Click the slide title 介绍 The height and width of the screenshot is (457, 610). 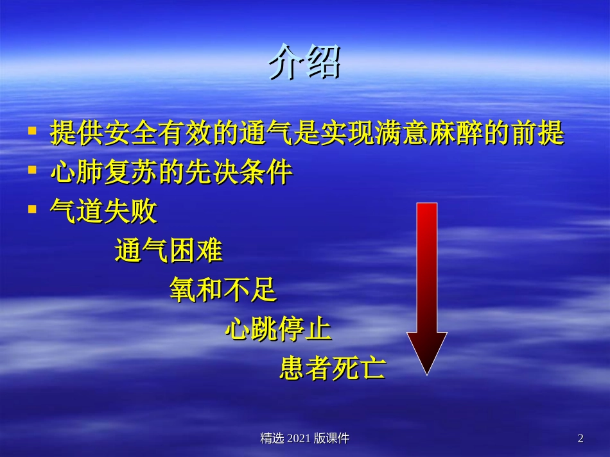pos(304,63)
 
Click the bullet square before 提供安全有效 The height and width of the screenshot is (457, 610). pos(32,131)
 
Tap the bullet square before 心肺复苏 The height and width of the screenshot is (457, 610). pos(32,170)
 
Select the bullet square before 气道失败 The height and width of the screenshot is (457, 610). pos(32,210)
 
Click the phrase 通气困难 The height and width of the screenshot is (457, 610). pos(169,251)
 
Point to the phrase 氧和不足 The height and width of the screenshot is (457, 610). pos(223,290)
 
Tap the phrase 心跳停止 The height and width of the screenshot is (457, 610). pos(278,329)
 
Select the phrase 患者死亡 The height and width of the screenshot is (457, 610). pos(333,369)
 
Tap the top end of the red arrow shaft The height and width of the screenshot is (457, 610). pos(427,205)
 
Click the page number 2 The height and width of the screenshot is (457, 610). pos(580,438)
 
